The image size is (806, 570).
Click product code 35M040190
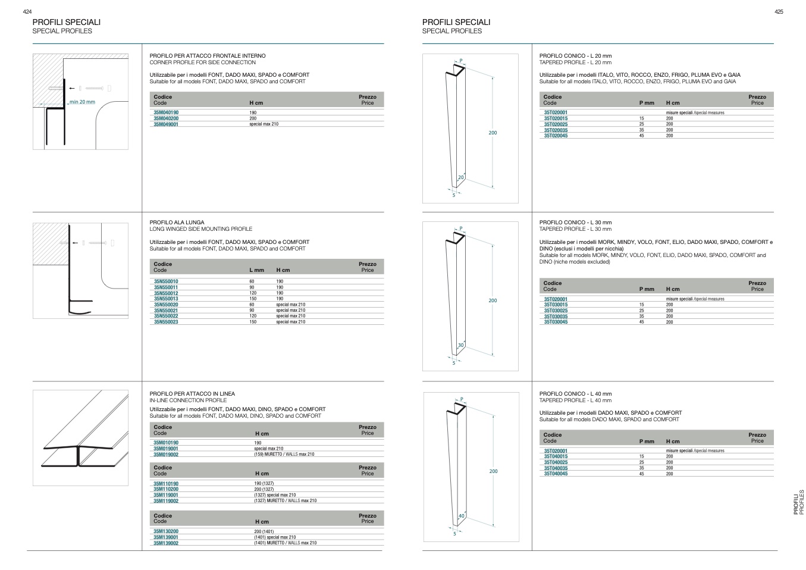coord(166,112)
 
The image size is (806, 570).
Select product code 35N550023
coord(166,322)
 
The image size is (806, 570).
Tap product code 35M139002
coord(166,543)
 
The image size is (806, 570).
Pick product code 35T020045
coord(556,136)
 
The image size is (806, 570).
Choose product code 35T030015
coord(556,305)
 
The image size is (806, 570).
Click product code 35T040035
coord(556,468)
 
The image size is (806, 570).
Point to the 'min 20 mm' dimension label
coord(82,102)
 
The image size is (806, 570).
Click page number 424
coord(27,12)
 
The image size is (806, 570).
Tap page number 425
coord(779,12)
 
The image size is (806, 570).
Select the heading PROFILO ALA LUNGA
coord(177,223)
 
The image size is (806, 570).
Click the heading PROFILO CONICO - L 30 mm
coord(575,223)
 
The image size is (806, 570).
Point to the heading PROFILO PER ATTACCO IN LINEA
coord(192,394)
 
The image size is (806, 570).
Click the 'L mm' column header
coord(256,270)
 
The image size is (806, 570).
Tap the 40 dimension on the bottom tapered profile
coord(461,516)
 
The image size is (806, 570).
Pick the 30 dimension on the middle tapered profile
coord(460,345)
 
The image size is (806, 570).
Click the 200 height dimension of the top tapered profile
coord(493,133)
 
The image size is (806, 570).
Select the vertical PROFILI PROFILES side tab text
coord(798,502)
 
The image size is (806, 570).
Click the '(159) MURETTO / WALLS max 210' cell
coord(284,455)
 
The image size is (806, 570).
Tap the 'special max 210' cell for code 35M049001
coord(264,124)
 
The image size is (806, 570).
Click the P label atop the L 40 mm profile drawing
coord(462,399)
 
